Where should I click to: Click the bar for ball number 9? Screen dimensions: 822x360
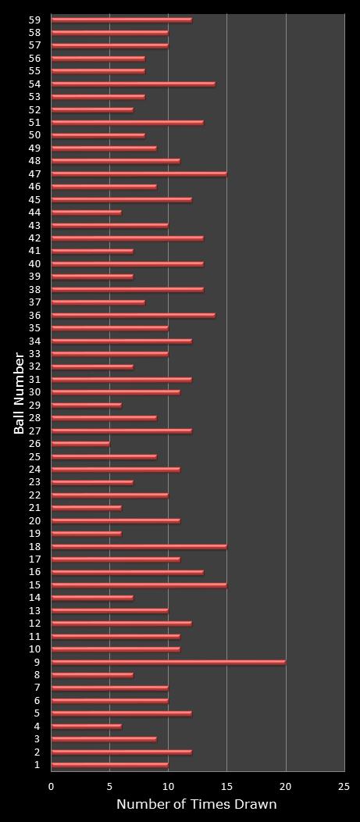tap(168, 662)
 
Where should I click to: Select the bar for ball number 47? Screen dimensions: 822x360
tap(139, 173)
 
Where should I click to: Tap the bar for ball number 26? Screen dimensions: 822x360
tap(80, 444)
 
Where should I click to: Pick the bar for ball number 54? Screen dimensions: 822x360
tap(133, 84)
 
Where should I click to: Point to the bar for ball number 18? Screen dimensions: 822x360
tap(139, 546)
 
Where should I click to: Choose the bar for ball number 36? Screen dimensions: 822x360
tap(133, 315)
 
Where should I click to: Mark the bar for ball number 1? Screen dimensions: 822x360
tap(109, 765)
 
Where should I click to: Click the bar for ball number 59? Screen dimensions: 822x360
tap(121, 20)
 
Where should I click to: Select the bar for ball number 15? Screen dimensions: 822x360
tap(139, 584)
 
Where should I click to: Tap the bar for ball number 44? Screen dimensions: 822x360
tap(86, 213)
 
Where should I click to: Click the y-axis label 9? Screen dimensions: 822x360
tap(37, 662)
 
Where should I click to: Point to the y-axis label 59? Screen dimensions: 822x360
tap(34, 20)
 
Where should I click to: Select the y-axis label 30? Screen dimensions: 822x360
tap(34, 392)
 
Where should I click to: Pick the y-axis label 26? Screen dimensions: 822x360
tap(34, 444)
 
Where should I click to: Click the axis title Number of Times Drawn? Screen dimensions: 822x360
tap(196, 805)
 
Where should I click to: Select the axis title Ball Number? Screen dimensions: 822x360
tap(19, 393)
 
